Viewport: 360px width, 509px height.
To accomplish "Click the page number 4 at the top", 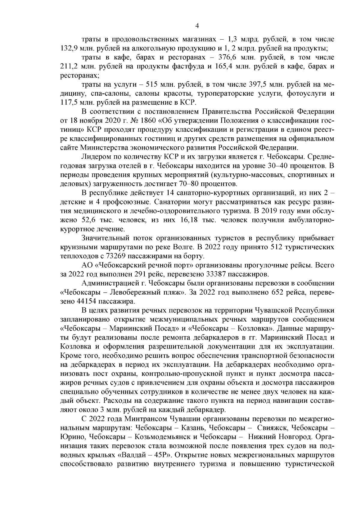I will point(197,26).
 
